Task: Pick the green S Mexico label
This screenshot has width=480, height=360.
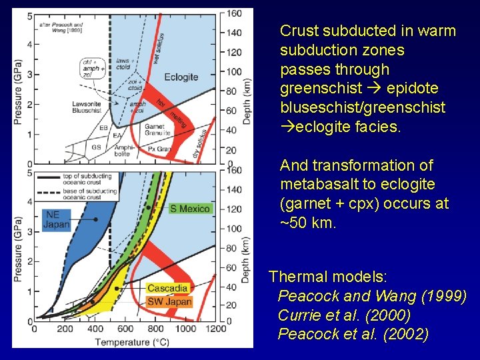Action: pyautogui.click(x=190, y=209)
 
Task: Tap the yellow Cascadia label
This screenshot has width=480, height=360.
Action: pyautogui.click(x=167, y=288)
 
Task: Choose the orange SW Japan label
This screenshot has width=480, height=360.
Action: pyautogui.click(x=169, y=301)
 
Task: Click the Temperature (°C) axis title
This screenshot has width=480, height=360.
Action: pyautogui.click(x=131, y=342)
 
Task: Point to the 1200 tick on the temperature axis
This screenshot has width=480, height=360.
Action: pyautogui.click(x=216, y=329)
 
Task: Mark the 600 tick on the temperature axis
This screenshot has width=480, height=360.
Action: pyautogui.click(x=125, y=329)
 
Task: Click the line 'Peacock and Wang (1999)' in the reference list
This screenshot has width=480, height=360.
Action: pyautogui.click(x=372, y=295)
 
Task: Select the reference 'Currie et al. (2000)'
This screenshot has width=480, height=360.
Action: pyautogui.click(x=343, y=315)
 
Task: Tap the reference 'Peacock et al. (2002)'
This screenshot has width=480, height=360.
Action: pyautogui.click(x=353, y=334)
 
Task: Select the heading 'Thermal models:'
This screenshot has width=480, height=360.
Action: pyautogui.click(x=327, y=276)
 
